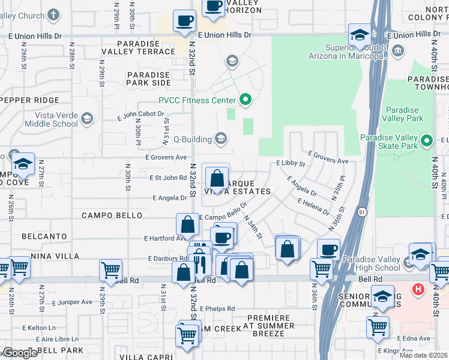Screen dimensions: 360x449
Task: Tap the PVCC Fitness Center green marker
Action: [x=244, y=100]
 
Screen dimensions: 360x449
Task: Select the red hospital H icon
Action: [x=418, y=289]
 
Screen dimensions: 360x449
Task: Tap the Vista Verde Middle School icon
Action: [x=87, y=119]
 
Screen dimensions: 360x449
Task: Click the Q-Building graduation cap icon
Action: [x=220, y=139]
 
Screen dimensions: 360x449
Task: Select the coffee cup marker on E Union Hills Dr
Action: [x=184, y=22]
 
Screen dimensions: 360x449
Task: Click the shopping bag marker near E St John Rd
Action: [x=217, y=179]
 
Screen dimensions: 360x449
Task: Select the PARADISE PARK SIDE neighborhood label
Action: [x=148, y=79]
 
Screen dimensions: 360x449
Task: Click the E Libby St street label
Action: [x=291, y=163]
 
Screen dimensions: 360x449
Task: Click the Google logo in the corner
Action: [x=20, y=353]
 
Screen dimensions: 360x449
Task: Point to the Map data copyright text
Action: [x=423, y=355]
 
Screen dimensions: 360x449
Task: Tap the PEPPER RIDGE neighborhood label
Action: [x=30, y=101]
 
